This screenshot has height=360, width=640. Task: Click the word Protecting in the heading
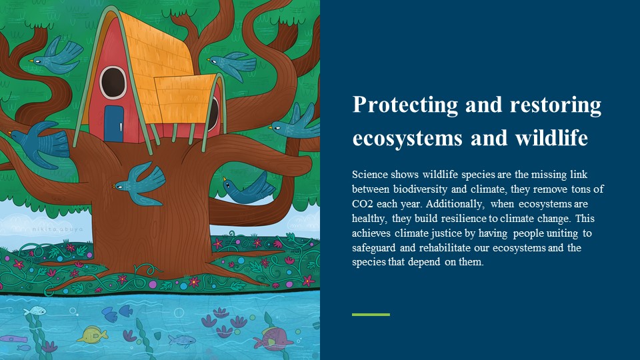coord(405,105)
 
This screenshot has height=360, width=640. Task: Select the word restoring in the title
coord(555,105)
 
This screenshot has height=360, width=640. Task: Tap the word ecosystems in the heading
coord(407,138)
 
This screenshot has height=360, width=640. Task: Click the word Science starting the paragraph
coord(370,174)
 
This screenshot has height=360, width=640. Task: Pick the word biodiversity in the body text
coord(420,189)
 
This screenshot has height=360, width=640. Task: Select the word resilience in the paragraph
coord(464,219)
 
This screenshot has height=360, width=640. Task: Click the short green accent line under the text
coord(371,315)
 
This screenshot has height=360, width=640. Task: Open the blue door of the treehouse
coord(114,124)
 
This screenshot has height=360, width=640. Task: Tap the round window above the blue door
coord(113,83)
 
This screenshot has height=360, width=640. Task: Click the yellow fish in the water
coord(92,334)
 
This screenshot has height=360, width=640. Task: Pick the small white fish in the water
coord(35,311)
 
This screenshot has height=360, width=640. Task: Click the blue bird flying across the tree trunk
coord(139,184)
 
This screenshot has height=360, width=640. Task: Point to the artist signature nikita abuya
coord(57,229)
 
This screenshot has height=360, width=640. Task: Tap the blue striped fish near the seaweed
coord(181,339)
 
